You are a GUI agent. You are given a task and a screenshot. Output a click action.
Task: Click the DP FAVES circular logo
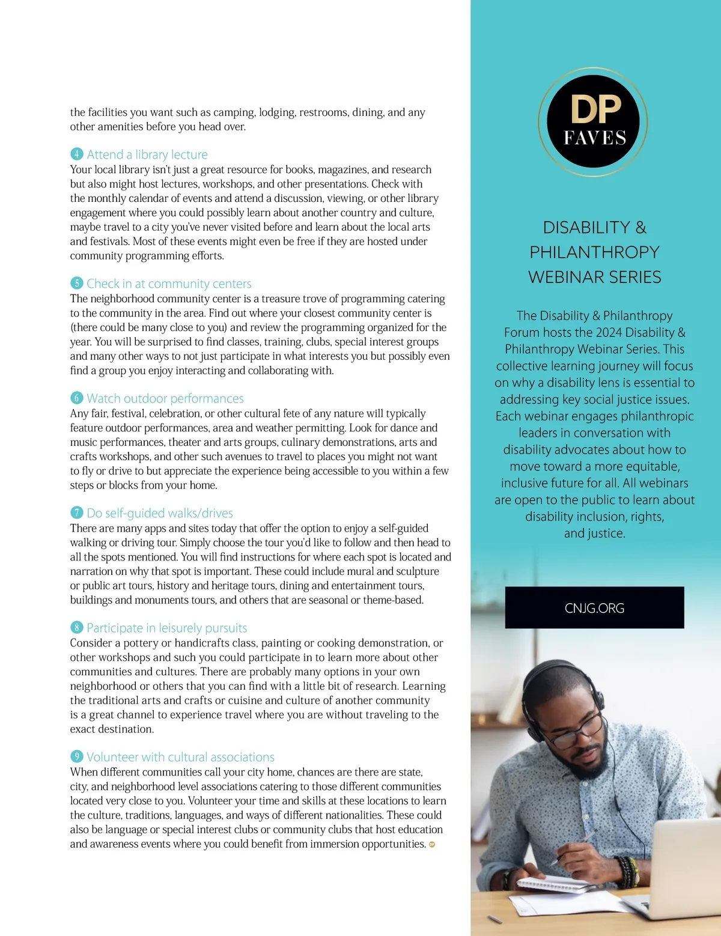(592, 121)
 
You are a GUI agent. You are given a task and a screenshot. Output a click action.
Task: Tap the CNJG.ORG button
(594, 608)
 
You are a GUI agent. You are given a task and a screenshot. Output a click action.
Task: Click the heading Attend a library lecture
(147, 154)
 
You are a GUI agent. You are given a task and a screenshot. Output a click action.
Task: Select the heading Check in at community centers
(169, 284)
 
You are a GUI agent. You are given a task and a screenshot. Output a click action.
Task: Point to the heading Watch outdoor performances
(165, 398)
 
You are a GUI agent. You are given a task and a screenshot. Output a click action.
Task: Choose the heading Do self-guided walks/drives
(160, 513)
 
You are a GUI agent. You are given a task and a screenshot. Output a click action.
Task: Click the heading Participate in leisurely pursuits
(166, 628)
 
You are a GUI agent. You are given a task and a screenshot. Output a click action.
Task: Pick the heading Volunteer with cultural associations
(180, 757)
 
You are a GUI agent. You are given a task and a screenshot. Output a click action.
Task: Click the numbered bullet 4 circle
(76, 154)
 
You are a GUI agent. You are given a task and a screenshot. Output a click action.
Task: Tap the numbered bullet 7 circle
(76, 512)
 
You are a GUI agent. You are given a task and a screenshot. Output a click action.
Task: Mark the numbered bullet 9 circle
(76, 756)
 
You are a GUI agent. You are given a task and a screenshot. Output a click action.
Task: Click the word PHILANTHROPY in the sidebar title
(594, 252)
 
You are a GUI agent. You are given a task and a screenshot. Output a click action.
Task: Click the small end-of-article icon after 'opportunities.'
(432, 845)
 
